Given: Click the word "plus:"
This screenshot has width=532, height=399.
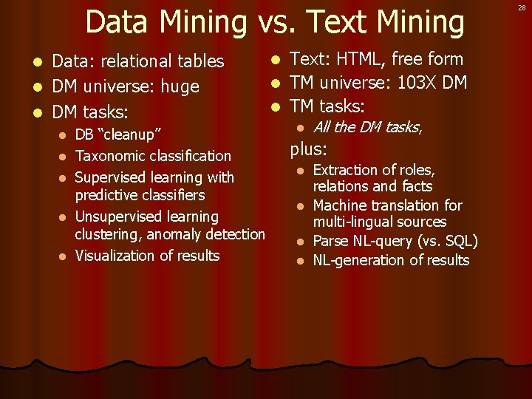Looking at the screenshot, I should pyautogui.click(x=308, y=149).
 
